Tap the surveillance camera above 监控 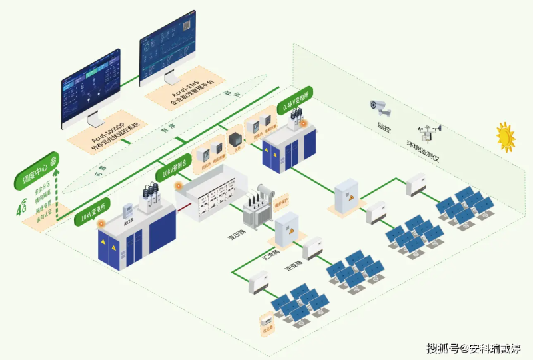pyautogui.click(x=381, y=107)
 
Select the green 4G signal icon pyautogui.click(x=22, y=209)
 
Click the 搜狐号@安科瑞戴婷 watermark pyautogui.click(x=474, y=347)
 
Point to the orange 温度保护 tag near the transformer pyautogui.click(x=282, y=199)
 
